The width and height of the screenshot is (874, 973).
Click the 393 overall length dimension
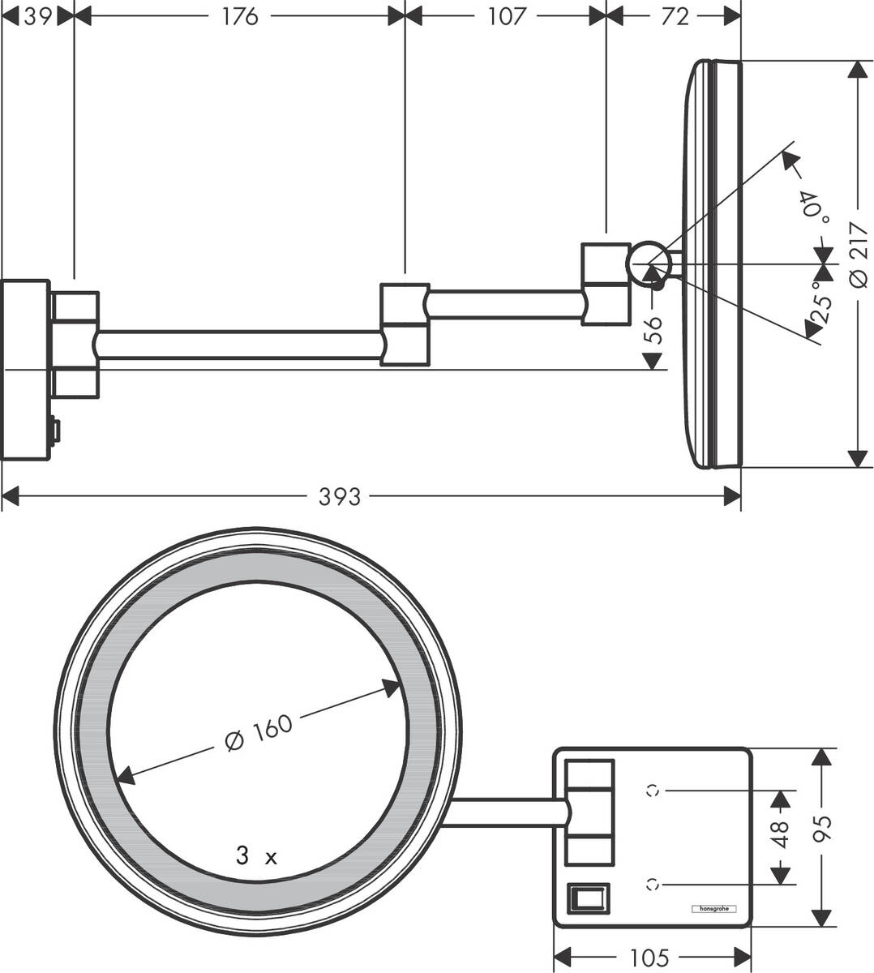[340, 496]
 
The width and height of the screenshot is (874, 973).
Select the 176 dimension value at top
[240, 15]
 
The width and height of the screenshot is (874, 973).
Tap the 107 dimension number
[508, 15]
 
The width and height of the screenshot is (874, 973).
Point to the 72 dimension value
[674, 15]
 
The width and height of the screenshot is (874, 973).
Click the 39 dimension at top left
[37, 15]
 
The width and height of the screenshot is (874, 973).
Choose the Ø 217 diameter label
[858, 255]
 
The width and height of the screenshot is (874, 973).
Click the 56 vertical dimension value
[653, 331]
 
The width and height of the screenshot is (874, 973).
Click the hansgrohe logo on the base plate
[713, 909]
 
